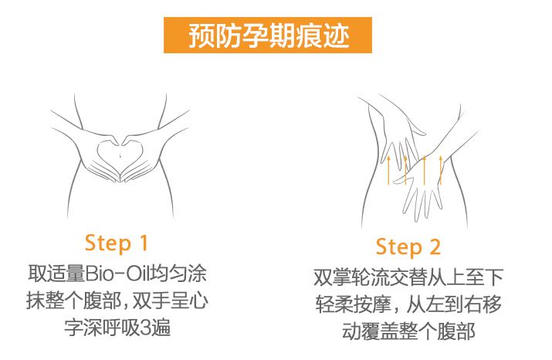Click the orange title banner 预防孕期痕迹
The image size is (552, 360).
click(x=268, y=36)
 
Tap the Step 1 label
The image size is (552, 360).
click(x=116, y=243)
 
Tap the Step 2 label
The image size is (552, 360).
click(x=408, y=246)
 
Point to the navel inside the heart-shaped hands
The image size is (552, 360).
click(x=120, y=155)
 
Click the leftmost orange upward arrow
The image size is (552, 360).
click(x=388, y=170)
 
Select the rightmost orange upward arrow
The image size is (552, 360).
click(x=440, y=170)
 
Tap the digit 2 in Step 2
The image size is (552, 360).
click(x=435, y=246)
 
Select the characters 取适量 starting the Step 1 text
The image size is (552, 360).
click(x=56, y=273)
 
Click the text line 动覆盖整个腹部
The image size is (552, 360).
click(x=408, y=331)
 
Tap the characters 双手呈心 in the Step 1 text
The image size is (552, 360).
click(x=171, y=301)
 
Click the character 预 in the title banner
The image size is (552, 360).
click(x=201, y=36)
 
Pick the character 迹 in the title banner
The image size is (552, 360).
click(x=337, y=36)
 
